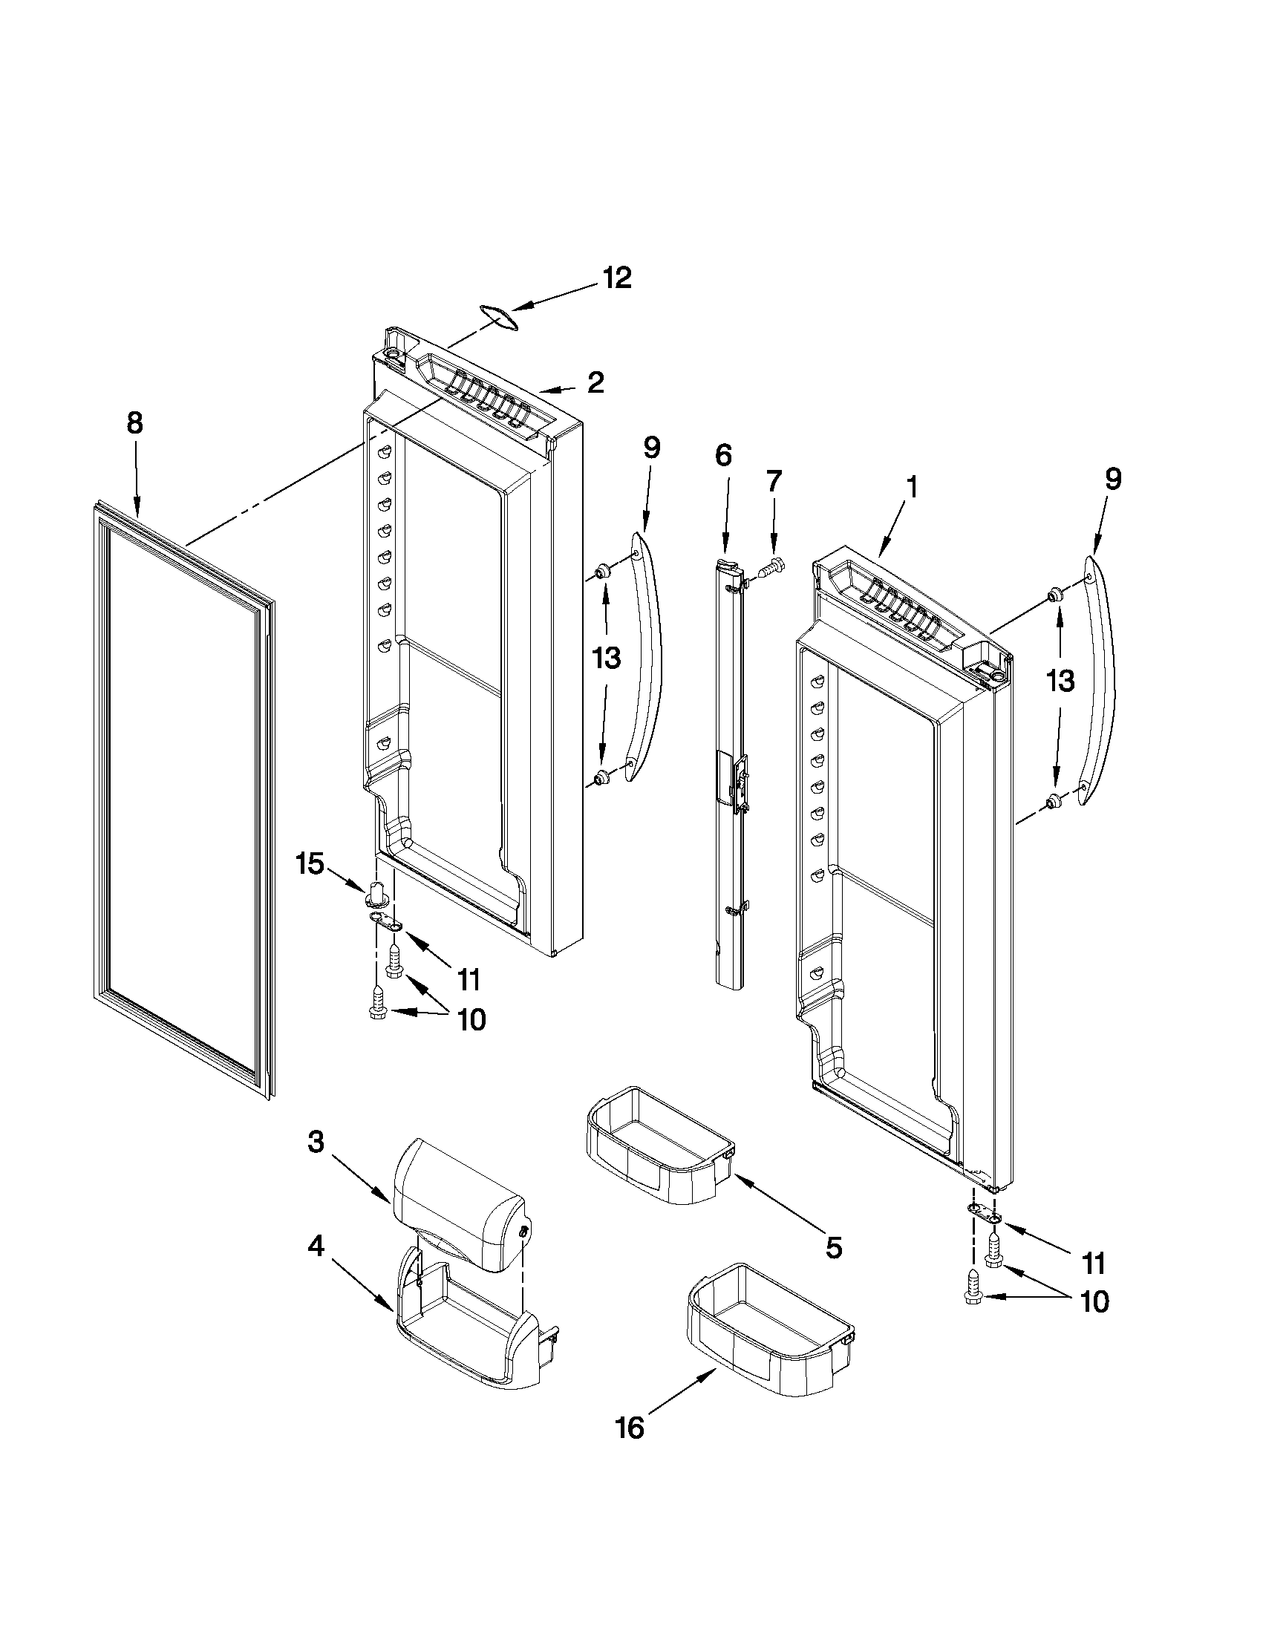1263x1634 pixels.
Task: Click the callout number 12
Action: tap(617, 278)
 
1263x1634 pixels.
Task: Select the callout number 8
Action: tap(134, 423)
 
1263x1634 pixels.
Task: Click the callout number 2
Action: tap(595, 382)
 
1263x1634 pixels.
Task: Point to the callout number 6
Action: tap(722, 456)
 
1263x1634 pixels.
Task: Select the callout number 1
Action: tap(911, 487)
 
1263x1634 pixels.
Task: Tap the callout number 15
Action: tap(310, 863)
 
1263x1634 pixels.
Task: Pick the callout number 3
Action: tap(316, 1142)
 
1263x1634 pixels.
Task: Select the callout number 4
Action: tap(316, 1246)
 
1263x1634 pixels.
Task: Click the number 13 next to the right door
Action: tap(1060, 681)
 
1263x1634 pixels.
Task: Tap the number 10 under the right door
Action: tap(1094, 1301)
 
